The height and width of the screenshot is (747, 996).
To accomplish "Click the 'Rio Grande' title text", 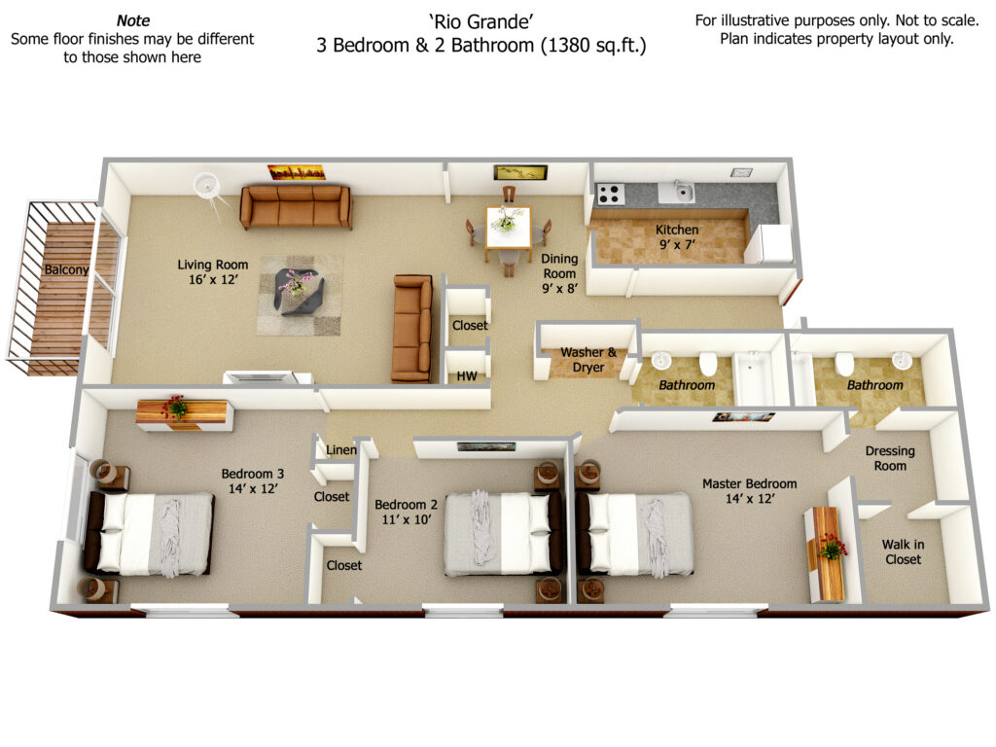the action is point(481,21).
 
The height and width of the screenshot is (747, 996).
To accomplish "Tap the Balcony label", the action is point(66,269).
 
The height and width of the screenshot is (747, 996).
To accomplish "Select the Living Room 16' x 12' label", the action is point(213,272).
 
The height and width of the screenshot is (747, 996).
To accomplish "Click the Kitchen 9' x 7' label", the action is point(677,236).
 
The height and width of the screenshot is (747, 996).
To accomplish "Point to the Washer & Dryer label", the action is point(588,360).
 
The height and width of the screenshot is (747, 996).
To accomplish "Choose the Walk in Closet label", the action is point(903,551).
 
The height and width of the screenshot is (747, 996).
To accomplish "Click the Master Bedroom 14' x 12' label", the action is point(750,491).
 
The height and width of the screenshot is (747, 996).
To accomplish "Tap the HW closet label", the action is point(467,376).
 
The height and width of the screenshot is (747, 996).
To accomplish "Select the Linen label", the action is point(341,449).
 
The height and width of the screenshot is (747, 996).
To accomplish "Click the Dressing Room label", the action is point(890,458).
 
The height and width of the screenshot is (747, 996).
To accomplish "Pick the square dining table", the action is point(508,228).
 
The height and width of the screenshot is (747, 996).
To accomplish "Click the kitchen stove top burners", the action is point(610,194).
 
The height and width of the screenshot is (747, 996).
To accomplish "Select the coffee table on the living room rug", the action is point(300,292).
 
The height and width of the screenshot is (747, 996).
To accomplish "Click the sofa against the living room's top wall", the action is point(296,206).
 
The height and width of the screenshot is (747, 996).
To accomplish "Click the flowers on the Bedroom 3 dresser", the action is point(175,407).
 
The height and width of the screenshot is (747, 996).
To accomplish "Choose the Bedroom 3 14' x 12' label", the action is point(253,480).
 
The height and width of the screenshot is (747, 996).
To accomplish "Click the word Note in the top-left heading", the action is point(133,20).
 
